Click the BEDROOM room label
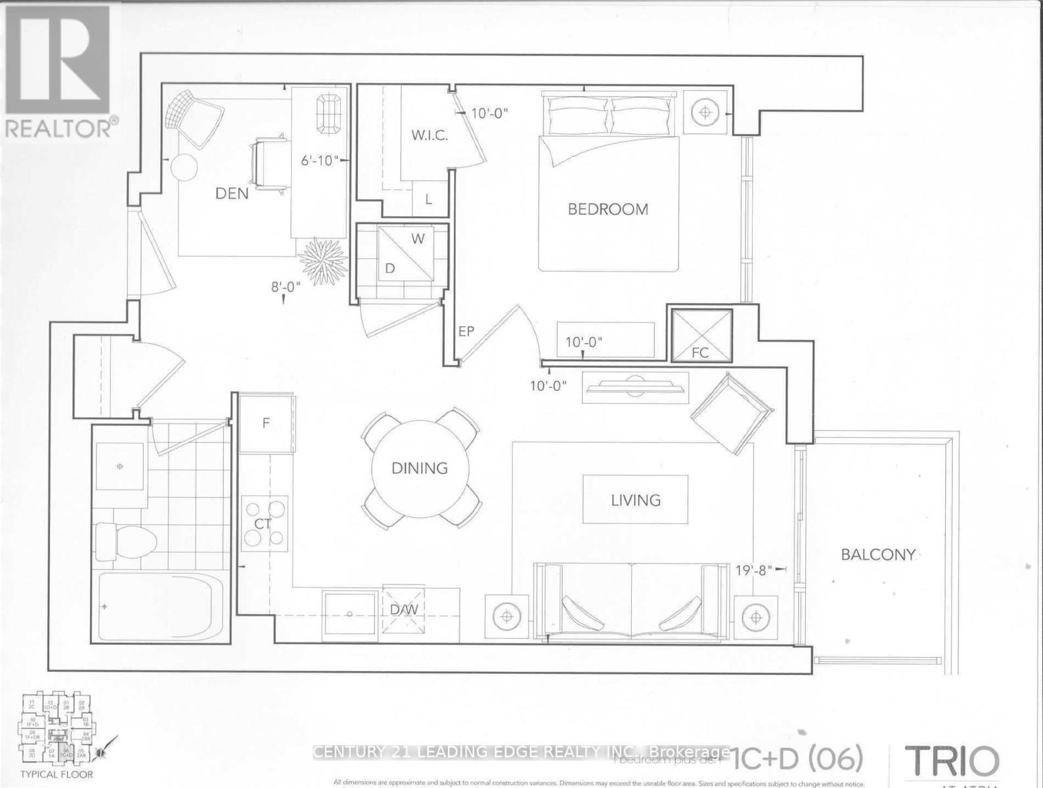[x=608, y=209]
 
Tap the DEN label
[x=233, y=193]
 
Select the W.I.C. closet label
[x=430, y=136]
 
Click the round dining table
[x=420, y=468]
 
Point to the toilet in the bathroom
[x=125, y=542]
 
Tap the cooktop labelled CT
[x=265, y=523]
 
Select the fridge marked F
[x=266, y=423]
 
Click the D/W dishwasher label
[x=404, y=609]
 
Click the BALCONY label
[x=878, y=554]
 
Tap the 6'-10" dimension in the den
[x=319, y=160]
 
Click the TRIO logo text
[x=952, y=761]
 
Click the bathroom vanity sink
[x=120, y=466]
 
